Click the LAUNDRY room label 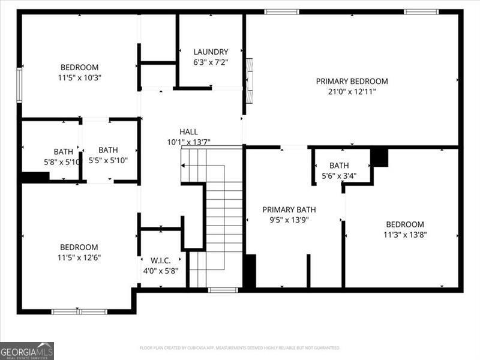click(x=211, y=52)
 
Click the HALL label click(x=188, y=132)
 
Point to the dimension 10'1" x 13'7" click(x=188, y=142)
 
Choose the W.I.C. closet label click(x=160, y=260)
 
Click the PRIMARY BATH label click(x=289, y=209)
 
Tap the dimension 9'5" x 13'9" click(x=289, y=220)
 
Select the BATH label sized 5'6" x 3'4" click(x=339, y=166)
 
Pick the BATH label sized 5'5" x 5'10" click(x=108, y=150)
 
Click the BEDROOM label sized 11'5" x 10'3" click(x=79, y=67)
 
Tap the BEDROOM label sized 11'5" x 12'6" click(x=79, y=247)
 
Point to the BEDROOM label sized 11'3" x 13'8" click(x=405, y=224)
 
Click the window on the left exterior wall click(x=19, y=85)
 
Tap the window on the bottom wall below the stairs click(x=223, y=290)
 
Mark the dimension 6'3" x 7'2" click(x=211, y=62)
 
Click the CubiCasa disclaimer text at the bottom click(x=240, y=348)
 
